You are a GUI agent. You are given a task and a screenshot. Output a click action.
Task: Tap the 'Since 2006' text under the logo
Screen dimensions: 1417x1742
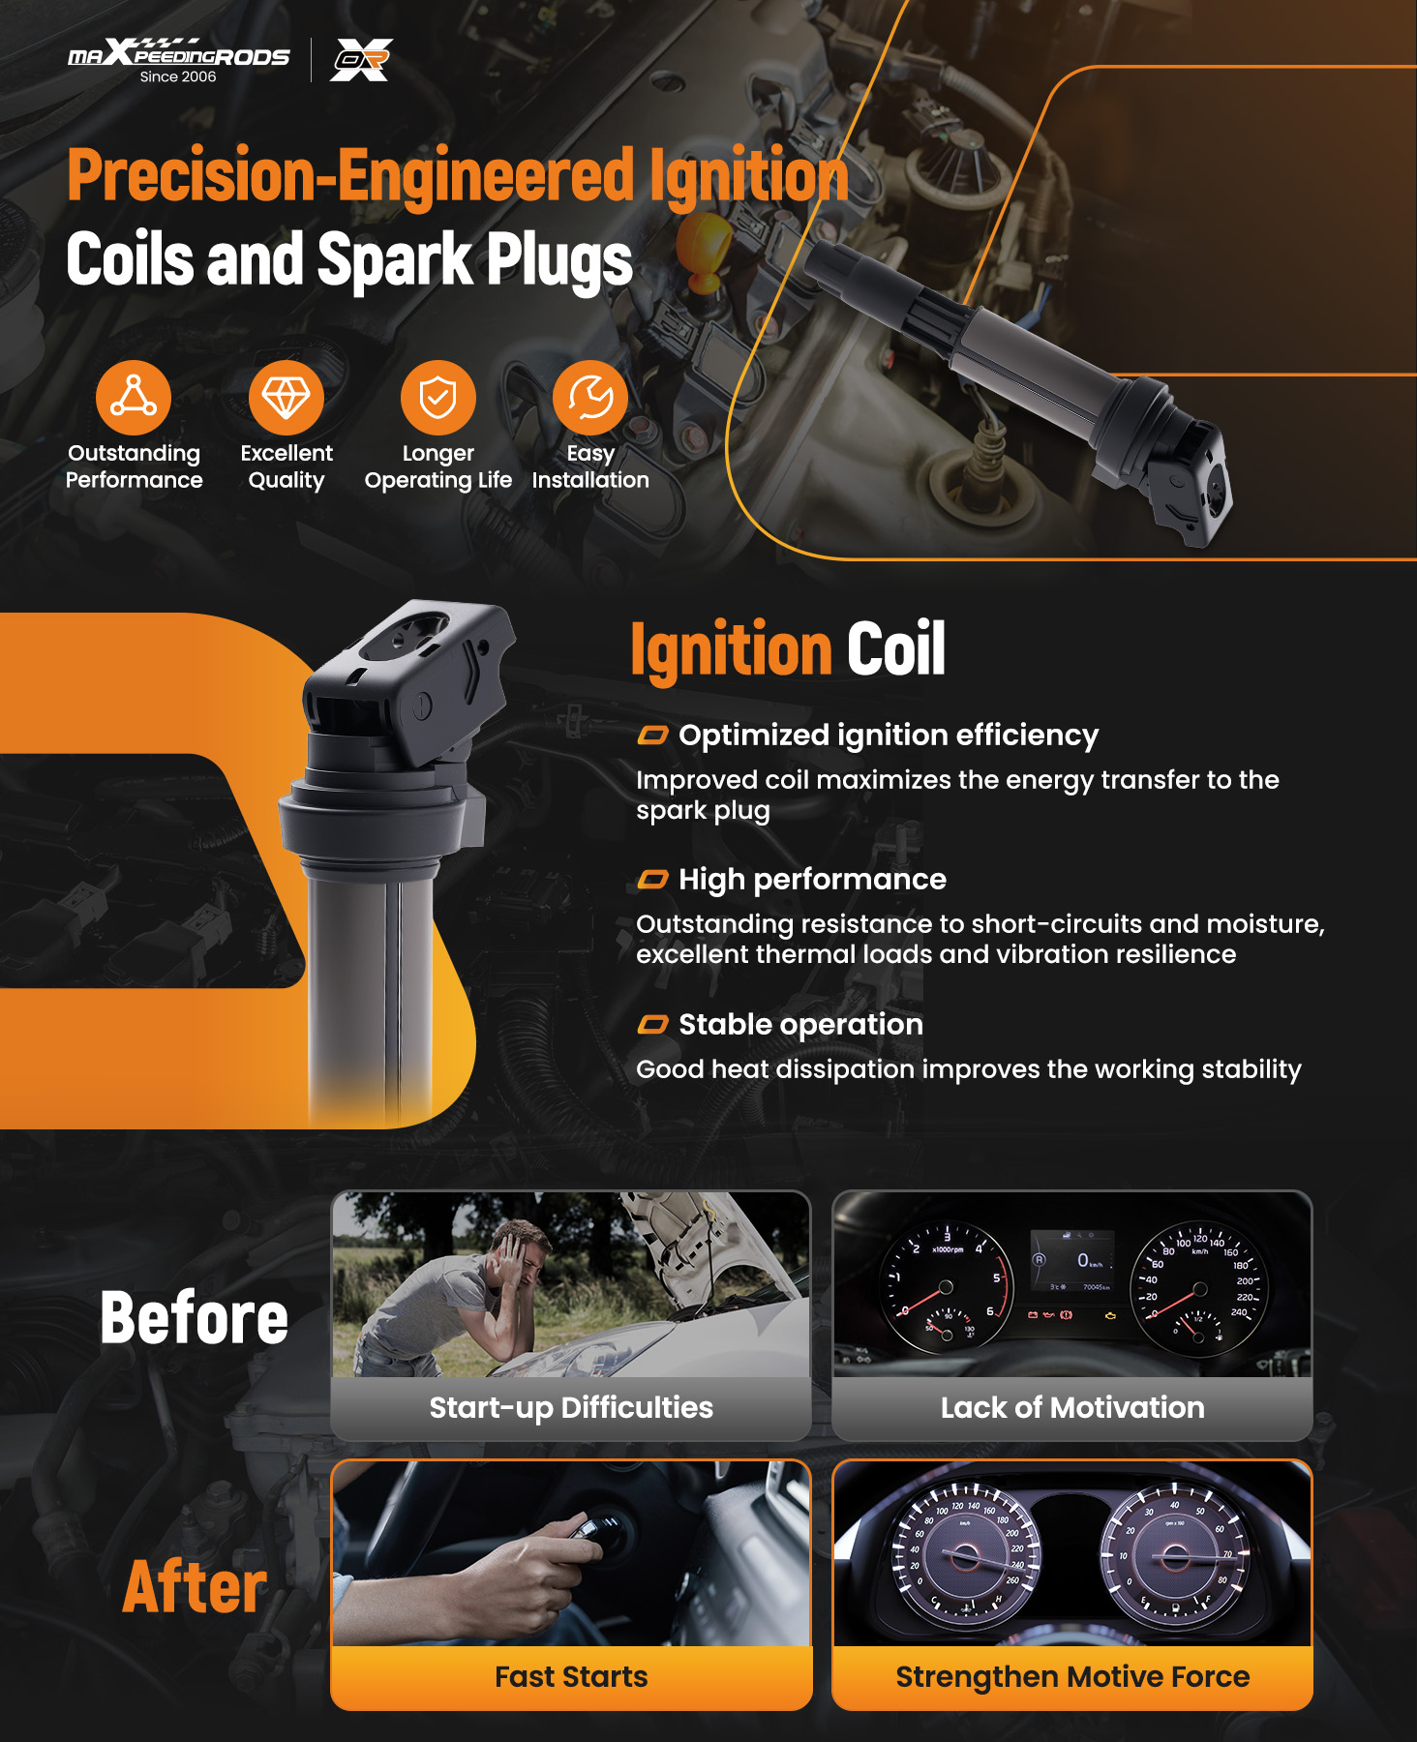pos(178,77)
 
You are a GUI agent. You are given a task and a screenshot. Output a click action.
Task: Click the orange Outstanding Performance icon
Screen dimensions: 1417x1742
pos(134,398)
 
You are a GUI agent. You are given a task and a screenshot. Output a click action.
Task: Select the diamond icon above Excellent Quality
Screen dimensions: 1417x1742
pos(286,398)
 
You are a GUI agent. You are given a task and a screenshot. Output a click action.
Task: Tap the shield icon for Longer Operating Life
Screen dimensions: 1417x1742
pos(438,398)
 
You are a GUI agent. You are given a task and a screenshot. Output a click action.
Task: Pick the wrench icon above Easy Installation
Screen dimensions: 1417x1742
pos(590,398)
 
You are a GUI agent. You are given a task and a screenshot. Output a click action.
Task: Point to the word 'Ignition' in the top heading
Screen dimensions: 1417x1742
pos(749,176)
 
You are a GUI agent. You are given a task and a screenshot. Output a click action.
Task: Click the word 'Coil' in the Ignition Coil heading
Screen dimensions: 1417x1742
pos(896,649)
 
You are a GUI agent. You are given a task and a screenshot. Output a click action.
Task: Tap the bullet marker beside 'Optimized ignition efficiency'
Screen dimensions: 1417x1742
pos(653,736)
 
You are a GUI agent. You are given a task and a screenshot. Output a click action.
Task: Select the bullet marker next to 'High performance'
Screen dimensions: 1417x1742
pos(653,880)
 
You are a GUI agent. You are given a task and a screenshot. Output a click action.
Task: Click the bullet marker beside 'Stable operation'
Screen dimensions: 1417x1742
pos(653,1025)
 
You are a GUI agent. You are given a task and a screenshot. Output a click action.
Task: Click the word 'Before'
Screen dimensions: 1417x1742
pos(195,1318)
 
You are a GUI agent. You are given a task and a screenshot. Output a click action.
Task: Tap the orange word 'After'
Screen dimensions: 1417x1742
pos(195,1587)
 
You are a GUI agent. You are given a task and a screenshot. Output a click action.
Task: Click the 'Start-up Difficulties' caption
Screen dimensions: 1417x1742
pos(571,1407)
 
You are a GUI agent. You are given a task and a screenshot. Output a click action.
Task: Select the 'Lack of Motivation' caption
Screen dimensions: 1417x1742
pos(1072,1407)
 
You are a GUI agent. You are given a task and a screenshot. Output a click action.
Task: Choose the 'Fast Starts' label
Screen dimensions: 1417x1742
pos(571,1676)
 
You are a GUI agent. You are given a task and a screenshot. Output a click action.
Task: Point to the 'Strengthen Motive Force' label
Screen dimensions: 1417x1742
pos(1072,1677)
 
